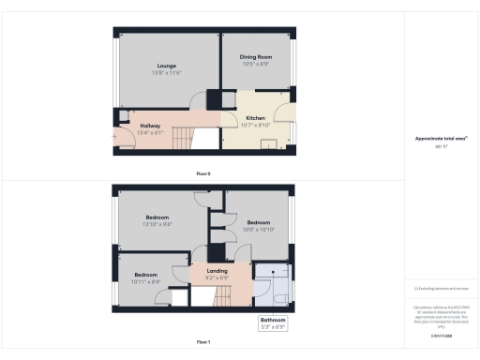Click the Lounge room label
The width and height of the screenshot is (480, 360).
click(167, 66)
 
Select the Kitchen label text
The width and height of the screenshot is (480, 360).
click(255, 117)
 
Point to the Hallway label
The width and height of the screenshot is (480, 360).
click(150, 126)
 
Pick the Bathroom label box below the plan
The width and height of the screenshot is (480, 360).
click(273, 322)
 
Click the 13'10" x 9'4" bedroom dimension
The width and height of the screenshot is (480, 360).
click(157, 225)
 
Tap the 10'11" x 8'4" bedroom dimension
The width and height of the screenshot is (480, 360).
click(145, 282)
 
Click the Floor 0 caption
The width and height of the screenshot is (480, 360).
click(203, 174)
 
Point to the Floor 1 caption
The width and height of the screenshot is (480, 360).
click(203, 343)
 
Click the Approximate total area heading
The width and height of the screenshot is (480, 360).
click(441, 139)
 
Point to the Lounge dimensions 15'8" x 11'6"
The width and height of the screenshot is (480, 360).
click(167, 73)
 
